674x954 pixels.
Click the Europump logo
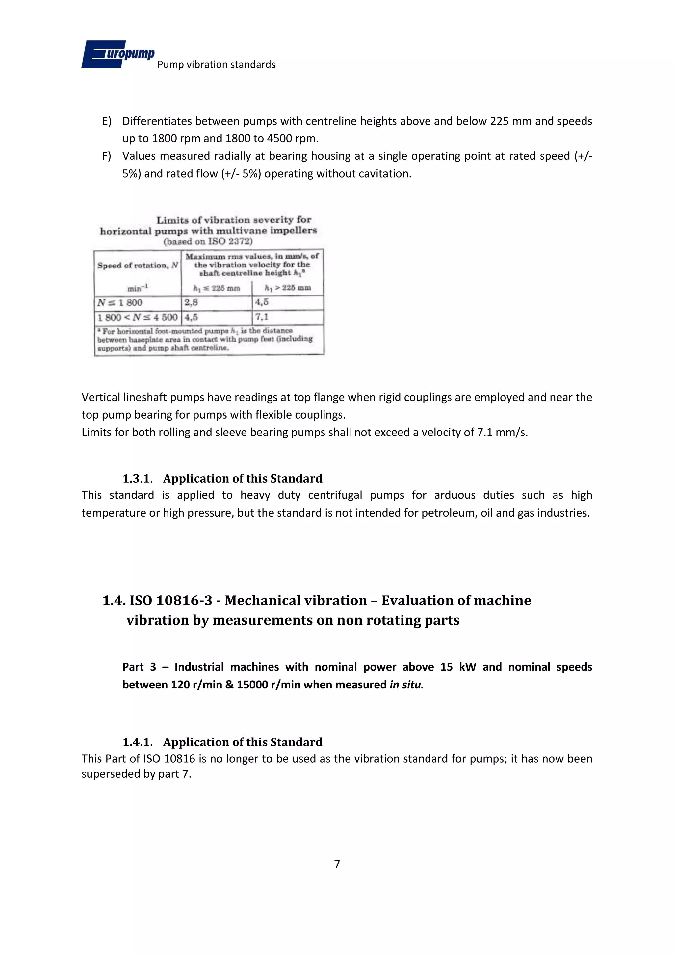[117, 54]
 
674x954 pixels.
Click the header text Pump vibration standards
[216, 65]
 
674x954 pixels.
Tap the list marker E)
[107, 121]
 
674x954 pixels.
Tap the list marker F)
[107, 156]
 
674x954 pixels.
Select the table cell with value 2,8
[191, 302]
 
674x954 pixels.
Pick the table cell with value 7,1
[262, 317]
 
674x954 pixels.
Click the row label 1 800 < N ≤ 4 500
[137, 318]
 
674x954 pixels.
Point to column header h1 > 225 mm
[288, 288]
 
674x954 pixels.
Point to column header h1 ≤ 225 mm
[217, 288]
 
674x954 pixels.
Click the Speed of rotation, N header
[137, 266]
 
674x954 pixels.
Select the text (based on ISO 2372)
[208, 241]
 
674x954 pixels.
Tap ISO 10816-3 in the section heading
[171, 601]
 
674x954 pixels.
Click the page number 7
[337, 864]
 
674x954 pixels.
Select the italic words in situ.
[406, 685]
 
